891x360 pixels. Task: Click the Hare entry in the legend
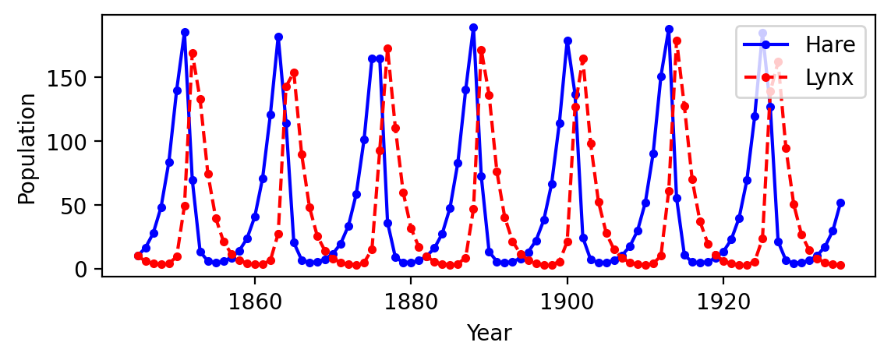(831, 44)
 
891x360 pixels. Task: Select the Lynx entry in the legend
(831, 77)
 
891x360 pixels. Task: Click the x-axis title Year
(489, 334)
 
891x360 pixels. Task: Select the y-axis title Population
(27, 148)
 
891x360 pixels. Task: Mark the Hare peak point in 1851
(185, 33)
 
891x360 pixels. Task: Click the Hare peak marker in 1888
(473, 27)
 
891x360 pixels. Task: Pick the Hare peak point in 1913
(669, 29)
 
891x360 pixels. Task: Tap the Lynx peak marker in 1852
(193, 54)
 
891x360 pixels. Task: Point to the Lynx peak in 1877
(387, 49)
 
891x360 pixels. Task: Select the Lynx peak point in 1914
(677, 41)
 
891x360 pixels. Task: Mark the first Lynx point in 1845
(138, 256)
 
